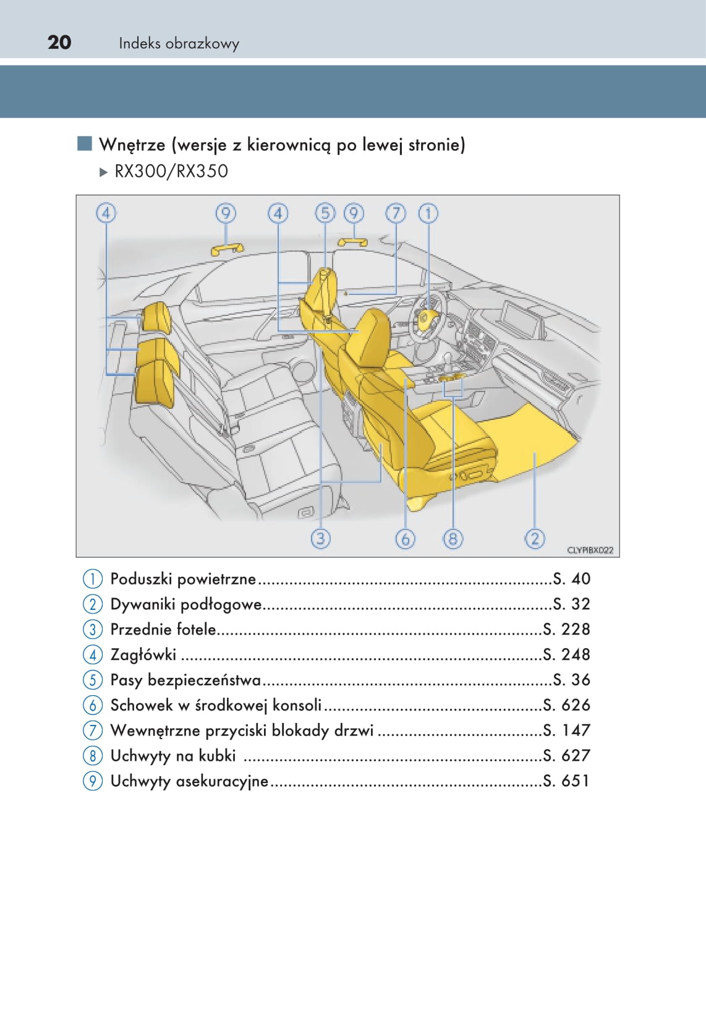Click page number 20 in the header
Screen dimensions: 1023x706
(59, 42)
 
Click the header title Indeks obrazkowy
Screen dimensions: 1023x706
(179, 43)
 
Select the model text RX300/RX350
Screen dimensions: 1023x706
(171, 171)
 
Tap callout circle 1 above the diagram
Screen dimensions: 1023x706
(428, 213)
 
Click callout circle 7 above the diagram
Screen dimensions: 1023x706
(396, 213)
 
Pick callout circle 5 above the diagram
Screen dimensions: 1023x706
(325, 213)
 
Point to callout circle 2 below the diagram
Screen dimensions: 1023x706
(535, 538)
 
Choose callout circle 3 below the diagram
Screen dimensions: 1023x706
(320, 538)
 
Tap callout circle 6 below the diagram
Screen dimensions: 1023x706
(405, 539)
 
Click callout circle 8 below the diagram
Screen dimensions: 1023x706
(453, 539)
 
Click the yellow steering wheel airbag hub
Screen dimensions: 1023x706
(427, 320)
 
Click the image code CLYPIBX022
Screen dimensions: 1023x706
(590, 550)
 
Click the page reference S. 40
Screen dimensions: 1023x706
(572, 579)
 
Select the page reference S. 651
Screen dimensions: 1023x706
(566, 781)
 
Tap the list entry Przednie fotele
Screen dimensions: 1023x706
(163, 630)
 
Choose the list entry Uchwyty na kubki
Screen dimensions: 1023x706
(173, 756)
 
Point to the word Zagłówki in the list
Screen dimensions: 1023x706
(143, 654)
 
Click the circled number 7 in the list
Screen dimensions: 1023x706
(92, 730)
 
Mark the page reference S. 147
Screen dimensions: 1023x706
(566, 730)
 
